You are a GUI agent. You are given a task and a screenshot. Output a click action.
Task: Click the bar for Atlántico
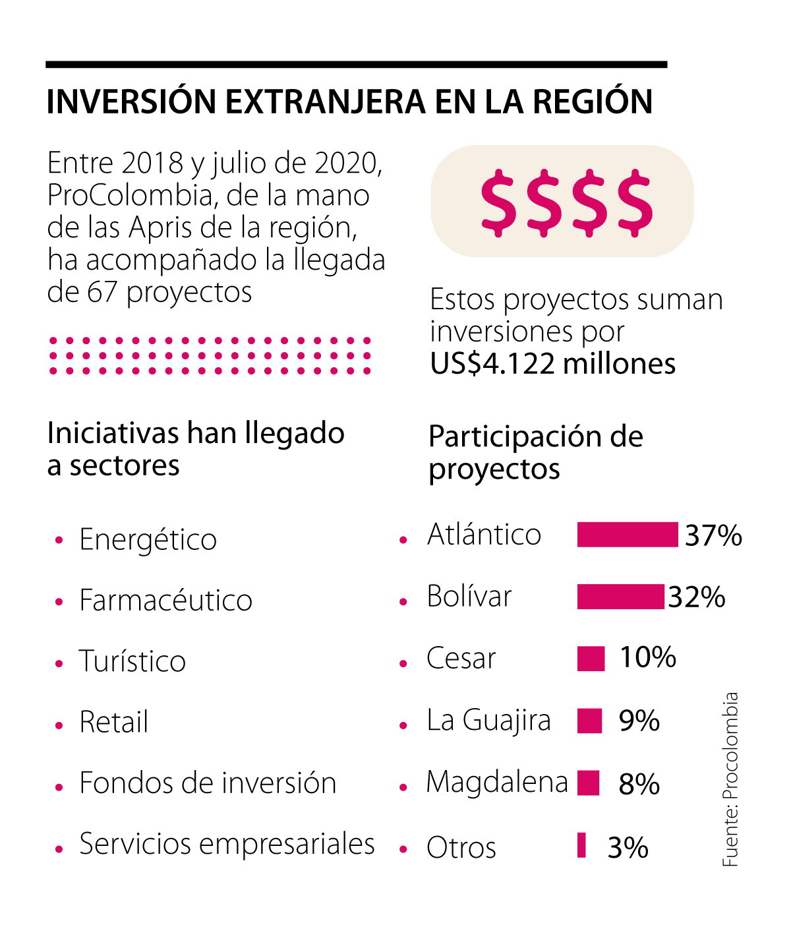(x=627, y=535)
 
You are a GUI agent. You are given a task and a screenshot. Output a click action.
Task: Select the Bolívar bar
(x=620, y=597)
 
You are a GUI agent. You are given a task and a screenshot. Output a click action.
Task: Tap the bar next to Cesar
(x=591, y=659)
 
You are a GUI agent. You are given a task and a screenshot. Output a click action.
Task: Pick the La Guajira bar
(x=589, y=721)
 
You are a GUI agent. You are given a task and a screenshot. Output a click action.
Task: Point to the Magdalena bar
(x=588, y=783)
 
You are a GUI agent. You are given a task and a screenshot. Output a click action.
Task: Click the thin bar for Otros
(x=581, y=845)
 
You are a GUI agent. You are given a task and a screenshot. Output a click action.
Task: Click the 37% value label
(x=713, y=535)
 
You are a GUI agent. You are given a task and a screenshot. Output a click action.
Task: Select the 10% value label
(x=647, y=657)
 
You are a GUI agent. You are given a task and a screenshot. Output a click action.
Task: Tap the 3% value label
(x=628, y=848)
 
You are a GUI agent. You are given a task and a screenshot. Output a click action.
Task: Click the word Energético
(x=148, y=539)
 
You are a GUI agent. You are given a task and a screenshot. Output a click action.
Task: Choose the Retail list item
(x=113, y=722)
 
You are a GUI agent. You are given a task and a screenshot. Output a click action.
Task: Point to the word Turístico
(x=132, y=661)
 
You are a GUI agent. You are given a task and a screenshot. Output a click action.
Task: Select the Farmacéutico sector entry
(x=165, y=601)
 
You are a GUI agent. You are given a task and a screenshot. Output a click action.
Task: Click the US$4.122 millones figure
(x=552, y=364)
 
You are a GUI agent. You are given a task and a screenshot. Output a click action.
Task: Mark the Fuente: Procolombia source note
(x=730, y=779)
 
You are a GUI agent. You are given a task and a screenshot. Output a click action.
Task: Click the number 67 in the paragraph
(x=102, y=292)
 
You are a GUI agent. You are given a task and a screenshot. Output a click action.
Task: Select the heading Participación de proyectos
(x=535, y=452)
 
